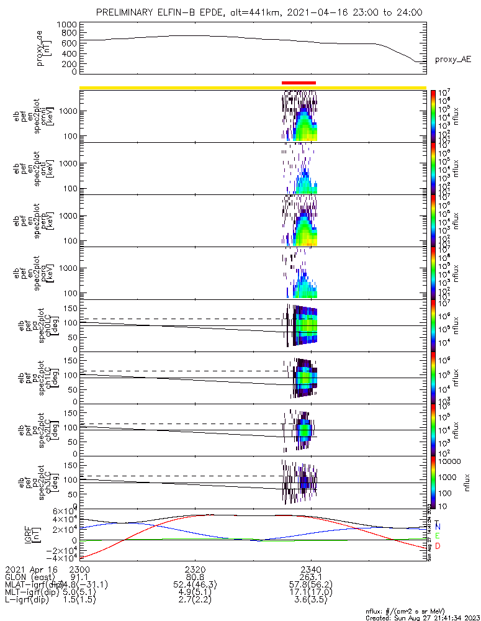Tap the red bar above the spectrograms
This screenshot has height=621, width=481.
299,82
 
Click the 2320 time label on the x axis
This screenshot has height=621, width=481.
196,569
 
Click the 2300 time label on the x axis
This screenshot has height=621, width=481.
80,569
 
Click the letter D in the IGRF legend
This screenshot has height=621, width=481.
438,545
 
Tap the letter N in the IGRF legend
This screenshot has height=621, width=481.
438,527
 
